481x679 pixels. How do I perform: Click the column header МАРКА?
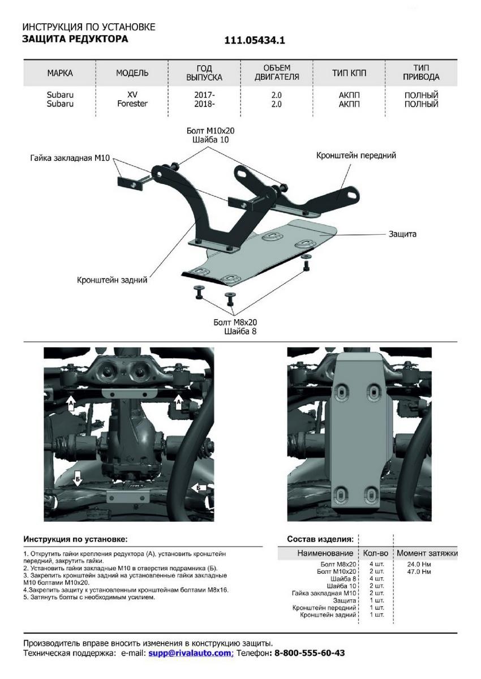click(60, 73)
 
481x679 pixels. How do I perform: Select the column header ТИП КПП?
click(349, 73)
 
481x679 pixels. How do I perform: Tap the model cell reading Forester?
click(132, 104)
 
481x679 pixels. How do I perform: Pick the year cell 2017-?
click(204, 95)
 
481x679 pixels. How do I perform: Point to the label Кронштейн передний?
click(356, 155)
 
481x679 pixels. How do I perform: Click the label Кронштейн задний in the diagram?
click(113, 280)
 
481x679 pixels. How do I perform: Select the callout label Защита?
click(402, 234)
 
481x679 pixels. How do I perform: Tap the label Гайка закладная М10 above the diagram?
click(70, 158)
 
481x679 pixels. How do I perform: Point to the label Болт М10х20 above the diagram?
click(210, 130)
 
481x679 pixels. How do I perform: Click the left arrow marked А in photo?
click(71, 402)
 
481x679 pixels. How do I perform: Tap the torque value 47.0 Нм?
click(419, 571)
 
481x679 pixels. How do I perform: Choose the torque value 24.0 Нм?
click(419, 564)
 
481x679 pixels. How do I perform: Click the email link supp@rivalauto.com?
click(191, 653)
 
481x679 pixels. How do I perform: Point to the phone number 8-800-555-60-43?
click(310, 653)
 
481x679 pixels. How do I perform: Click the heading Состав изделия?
click(320, 539)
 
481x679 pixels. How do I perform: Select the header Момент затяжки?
click(427, 553)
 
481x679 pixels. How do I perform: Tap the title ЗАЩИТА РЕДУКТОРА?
click(75, 39)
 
